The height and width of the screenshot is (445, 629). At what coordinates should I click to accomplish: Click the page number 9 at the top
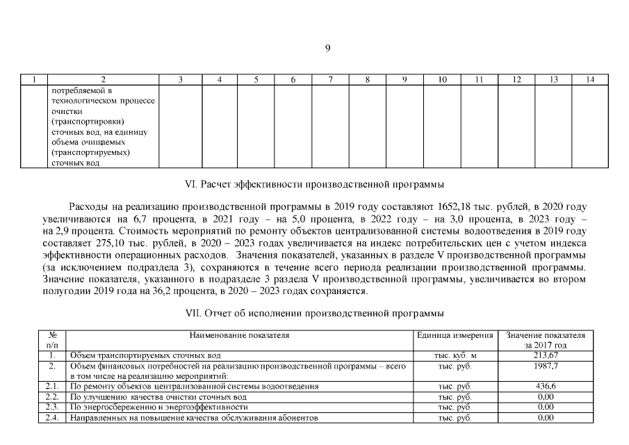(x=327, y=47)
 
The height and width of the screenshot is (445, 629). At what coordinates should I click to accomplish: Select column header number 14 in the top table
(x=590, y=80)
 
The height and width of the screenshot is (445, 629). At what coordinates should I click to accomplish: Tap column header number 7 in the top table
(x=330, y=80)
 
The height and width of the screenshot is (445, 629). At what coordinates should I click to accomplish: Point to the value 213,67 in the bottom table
(x=546, y=355)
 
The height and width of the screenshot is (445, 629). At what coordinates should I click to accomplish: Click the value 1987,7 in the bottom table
(x=546, y=365)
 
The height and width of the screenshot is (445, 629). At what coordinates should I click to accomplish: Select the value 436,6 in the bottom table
(x=546, y=386)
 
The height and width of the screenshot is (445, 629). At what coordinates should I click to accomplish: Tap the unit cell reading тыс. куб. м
(x=455, y=355)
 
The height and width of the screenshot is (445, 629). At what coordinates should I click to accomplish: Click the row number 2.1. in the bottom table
(x=51, y=386)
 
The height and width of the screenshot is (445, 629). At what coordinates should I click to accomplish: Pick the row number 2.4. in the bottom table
(x=51, y=418)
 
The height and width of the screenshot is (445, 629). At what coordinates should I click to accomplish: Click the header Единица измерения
(x=455, y=335)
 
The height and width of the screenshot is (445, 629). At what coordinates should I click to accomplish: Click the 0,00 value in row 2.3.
(x=546, y=407)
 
